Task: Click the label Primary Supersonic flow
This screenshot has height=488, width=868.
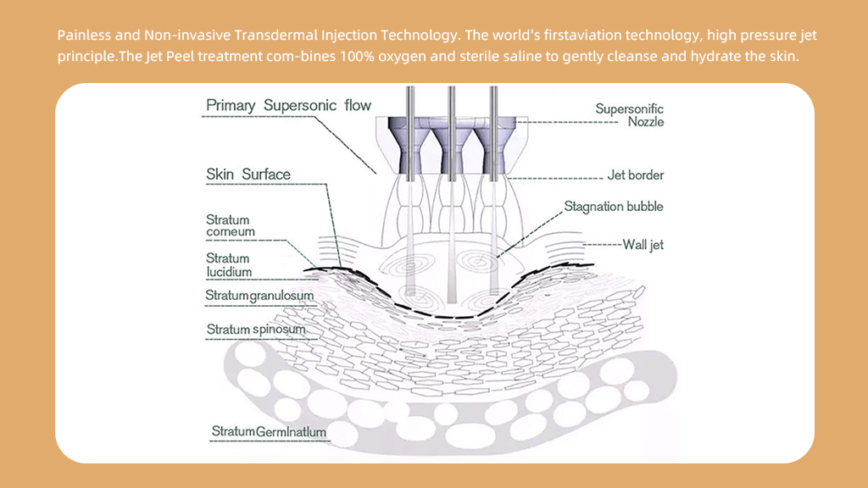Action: tap(289, 106)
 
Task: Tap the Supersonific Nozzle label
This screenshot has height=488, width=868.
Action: tap(629, 115)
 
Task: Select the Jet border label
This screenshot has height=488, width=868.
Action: tap(636, 175)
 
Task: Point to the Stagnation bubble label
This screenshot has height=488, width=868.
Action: tap(614, 206)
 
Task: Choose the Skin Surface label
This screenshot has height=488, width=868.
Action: tap(248, 175)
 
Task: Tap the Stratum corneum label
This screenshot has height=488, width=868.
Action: tap(231, 226)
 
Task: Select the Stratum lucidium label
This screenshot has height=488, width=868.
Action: tap(229, 265)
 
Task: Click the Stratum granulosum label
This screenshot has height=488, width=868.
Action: tap(259, 295)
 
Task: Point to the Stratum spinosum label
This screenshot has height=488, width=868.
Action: tap(256, 329)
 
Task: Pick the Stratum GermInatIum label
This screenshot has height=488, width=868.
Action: tap(269, 432)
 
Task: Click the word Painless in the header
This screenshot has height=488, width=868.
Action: tap(83, 36)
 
